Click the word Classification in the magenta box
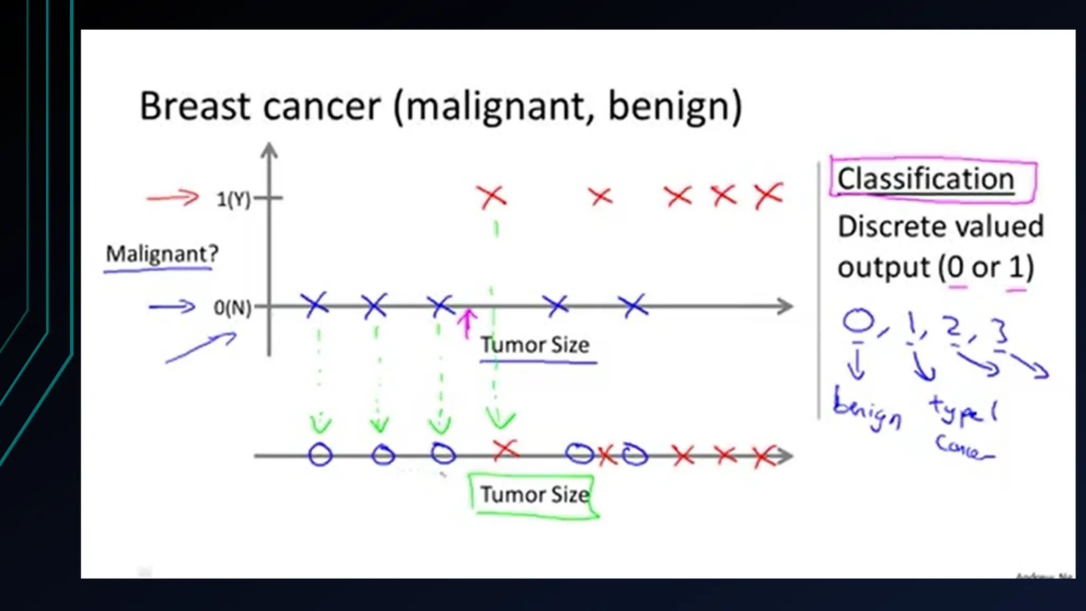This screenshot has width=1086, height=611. click(925, 179)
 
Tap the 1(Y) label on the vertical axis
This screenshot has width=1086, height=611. click(233, 199)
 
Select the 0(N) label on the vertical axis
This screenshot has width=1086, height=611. click(232, 307)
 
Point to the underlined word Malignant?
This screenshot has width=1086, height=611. click(162, 254)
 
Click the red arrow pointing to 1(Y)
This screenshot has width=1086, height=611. click(172, 198)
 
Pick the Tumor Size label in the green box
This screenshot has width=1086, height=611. click(535, 494)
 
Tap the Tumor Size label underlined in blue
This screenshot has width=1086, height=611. click(535, 345)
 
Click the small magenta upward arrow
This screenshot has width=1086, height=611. click(467, 323)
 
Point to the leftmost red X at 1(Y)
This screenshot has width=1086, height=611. click(492, 197)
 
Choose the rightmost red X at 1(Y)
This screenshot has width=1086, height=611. click(769, 196)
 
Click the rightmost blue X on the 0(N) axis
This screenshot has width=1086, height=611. click(633, 305)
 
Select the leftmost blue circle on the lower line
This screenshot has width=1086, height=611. click(320, 455)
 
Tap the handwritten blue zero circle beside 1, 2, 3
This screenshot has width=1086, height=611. click(858, 321)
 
